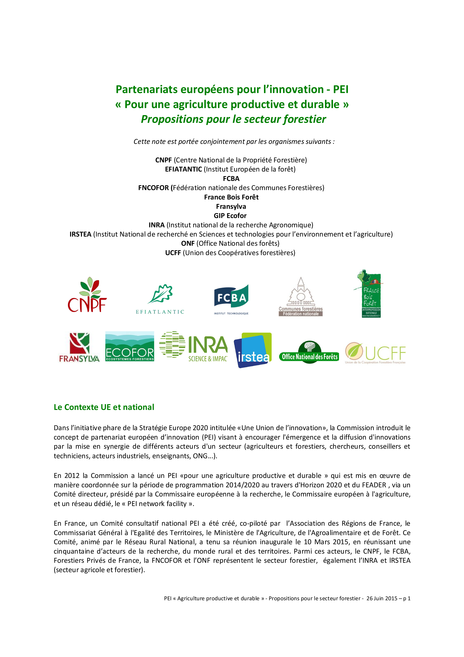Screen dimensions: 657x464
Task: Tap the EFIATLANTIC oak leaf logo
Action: pos(160,299)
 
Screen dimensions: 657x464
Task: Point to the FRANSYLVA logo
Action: pos(79,348)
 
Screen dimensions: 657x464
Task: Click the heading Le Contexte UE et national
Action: pos(104,407)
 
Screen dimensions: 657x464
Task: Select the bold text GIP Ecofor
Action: pos(230,216)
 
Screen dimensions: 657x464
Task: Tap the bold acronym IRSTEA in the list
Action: pos(80,234)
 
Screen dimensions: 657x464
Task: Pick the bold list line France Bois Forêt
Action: pos(231,197)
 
